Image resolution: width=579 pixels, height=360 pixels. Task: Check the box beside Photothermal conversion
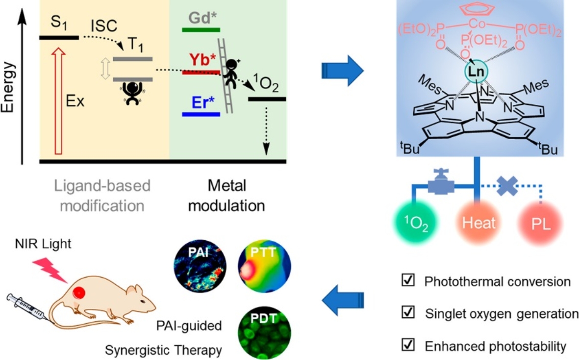coord(407,282)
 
